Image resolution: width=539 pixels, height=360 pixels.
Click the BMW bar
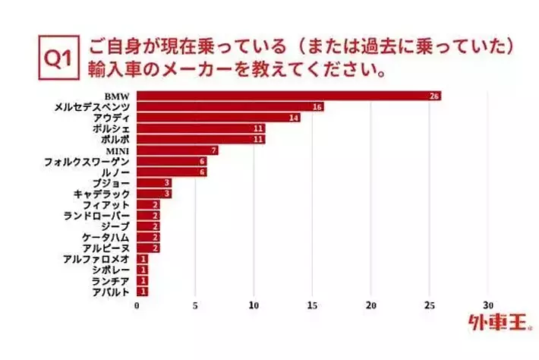pos(288,96)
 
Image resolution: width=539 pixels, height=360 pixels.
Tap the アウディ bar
pos(219,118)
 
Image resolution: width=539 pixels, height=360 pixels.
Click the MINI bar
pos(178,150)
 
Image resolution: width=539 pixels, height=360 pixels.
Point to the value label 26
pos(434,96)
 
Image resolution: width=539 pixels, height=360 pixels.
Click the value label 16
pos(317,107)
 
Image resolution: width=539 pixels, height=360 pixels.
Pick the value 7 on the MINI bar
pos(214,150)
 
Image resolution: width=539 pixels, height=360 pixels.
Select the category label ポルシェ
pos(112,128)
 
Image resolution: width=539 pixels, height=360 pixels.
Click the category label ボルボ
pos(113,140)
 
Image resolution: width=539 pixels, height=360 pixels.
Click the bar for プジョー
pos(154,183)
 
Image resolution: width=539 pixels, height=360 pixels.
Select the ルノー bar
pos(172,172)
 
